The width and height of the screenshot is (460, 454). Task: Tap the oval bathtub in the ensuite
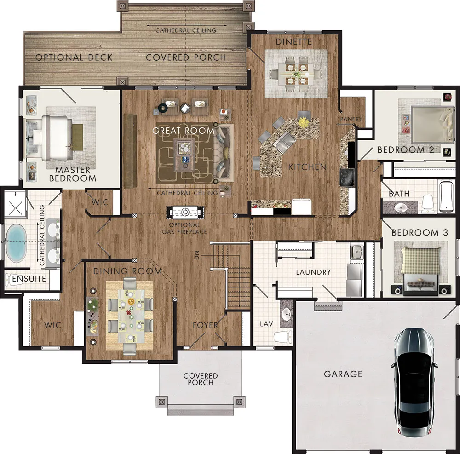(16, 243)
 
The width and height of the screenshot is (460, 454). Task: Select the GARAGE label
(343, 374)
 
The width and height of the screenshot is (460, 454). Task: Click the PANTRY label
(351, 119)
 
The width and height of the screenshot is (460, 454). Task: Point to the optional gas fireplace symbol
(185, 213)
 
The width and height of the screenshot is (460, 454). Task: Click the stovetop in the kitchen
(347, 177)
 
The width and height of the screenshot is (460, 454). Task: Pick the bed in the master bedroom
(52, 138)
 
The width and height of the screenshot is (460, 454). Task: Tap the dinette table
(296, 74)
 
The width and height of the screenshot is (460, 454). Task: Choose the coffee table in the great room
(184, 155)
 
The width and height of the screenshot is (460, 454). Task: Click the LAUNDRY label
(313, 272)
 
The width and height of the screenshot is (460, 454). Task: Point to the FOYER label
(205, 325)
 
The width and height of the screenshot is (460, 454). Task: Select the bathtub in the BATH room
(446, 196)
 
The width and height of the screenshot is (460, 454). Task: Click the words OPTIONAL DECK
(74, 57)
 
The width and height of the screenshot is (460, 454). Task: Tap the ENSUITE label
(29, 279)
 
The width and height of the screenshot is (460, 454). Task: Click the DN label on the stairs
(197, 255)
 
